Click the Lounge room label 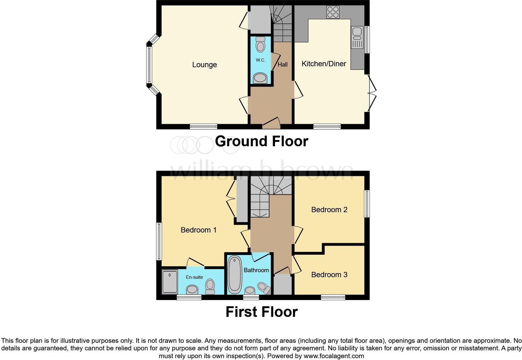coord(204,65)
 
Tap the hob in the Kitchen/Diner coord(332,12)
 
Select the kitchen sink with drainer coord(357,37)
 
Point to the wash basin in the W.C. coord(260,78)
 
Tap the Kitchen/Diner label coord(323,64)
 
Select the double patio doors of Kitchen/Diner coord(372,93)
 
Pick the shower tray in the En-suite coord(170,282)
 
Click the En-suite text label coord(194,277)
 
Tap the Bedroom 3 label coord(329,275)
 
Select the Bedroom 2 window coord(367,203)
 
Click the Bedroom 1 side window coord(159,241)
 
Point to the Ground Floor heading coord(261,141)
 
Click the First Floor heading coord(261,312)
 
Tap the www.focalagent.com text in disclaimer coord(333,356)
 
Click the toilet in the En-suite coord(210,286)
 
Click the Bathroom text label coord(256,270)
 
